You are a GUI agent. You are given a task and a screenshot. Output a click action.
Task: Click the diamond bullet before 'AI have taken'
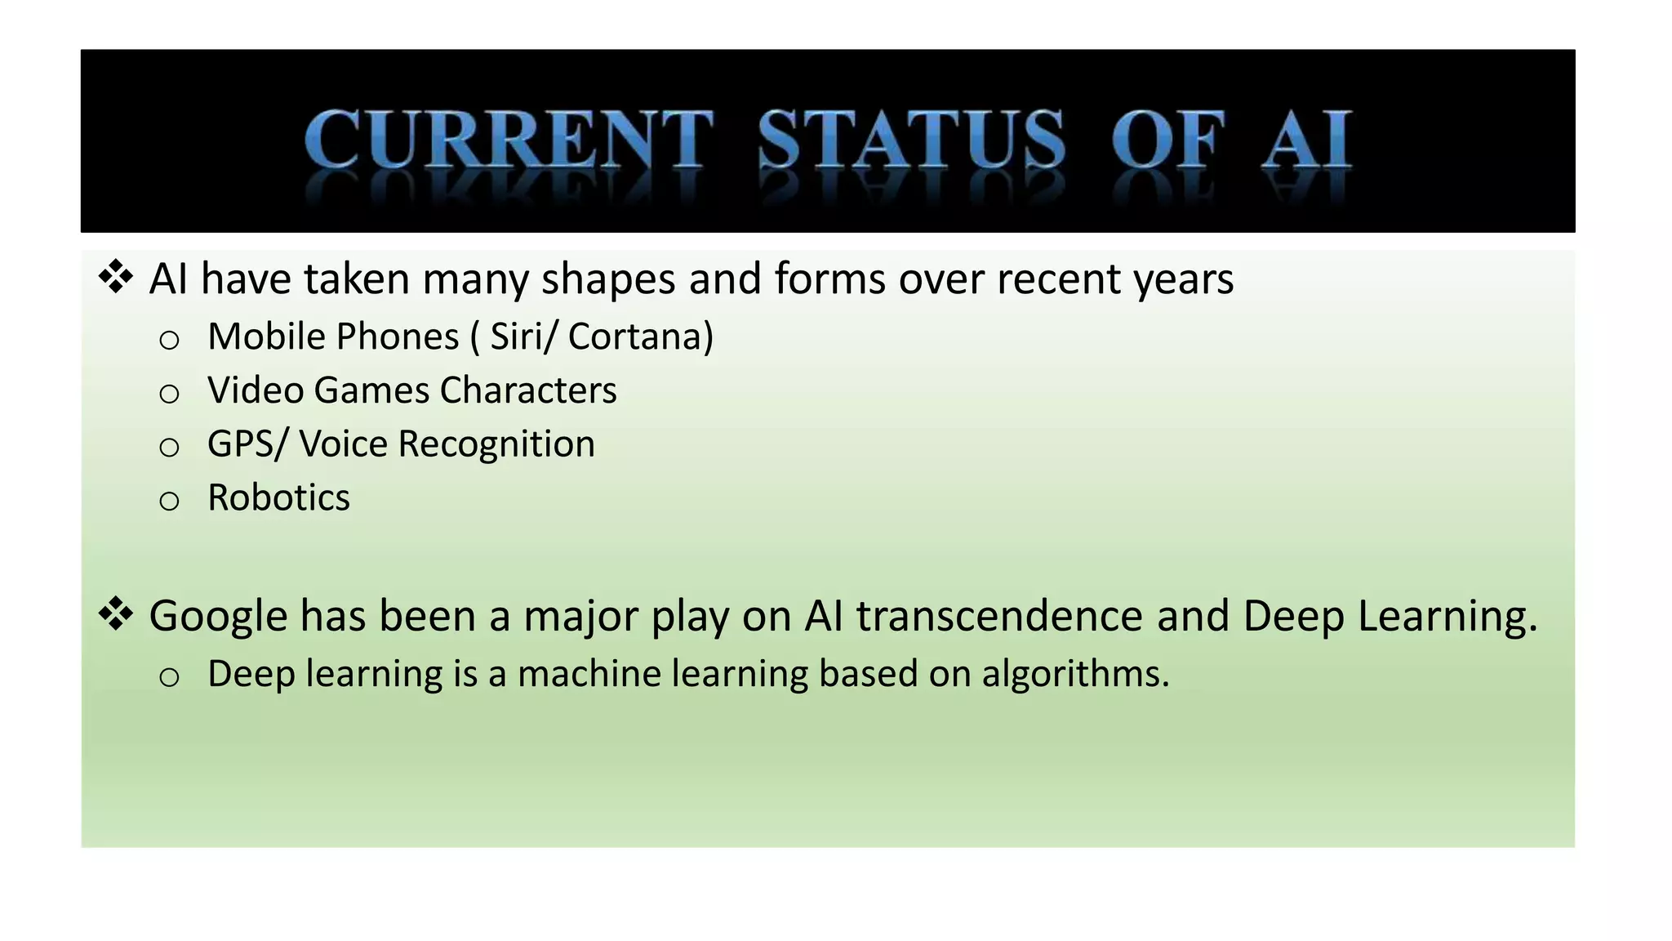116,277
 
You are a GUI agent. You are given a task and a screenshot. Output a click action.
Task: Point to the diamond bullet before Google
116,614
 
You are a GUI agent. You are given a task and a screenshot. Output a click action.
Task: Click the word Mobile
265,337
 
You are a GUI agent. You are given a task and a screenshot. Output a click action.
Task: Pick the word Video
256,390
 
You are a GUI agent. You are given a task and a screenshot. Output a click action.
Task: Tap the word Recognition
496,444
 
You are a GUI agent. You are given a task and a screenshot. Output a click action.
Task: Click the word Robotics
278,497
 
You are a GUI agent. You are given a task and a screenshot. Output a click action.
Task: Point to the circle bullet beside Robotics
169,500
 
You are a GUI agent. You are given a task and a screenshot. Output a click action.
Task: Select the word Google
218,616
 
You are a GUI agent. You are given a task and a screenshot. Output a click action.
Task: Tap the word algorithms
1075,674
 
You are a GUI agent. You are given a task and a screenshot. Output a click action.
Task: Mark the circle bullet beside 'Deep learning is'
169,677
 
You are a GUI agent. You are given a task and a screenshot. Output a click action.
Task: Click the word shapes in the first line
608,279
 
